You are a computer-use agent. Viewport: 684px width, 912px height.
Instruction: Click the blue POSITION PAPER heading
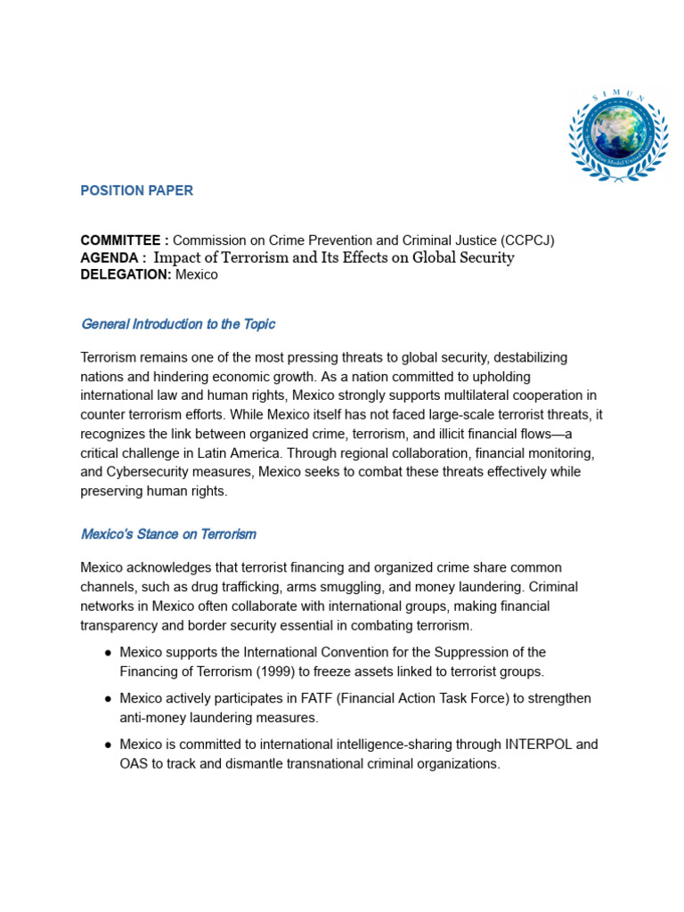[x=136, y=191]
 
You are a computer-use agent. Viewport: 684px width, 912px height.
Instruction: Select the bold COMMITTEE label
[x=121, y=240]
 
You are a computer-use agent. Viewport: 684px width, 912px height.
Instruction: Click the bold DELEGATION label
[x=126, y=274]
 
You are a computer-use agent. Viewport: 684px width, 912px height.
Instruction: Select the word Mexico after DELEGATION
[x=197, y=274]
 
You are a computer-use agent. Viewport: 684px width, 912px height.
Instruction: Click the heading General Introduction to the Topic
[x=178, y=324]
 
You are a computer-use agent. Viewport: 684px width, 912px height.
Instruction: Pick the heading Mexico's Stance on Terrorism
[x=168, y=534]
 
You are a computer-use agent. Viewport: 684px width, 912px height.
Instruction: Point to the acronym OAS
[x=134, y=763]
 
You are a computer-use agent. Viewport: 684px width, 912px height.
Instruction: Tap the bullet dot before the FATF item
[x=108, y=699]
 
